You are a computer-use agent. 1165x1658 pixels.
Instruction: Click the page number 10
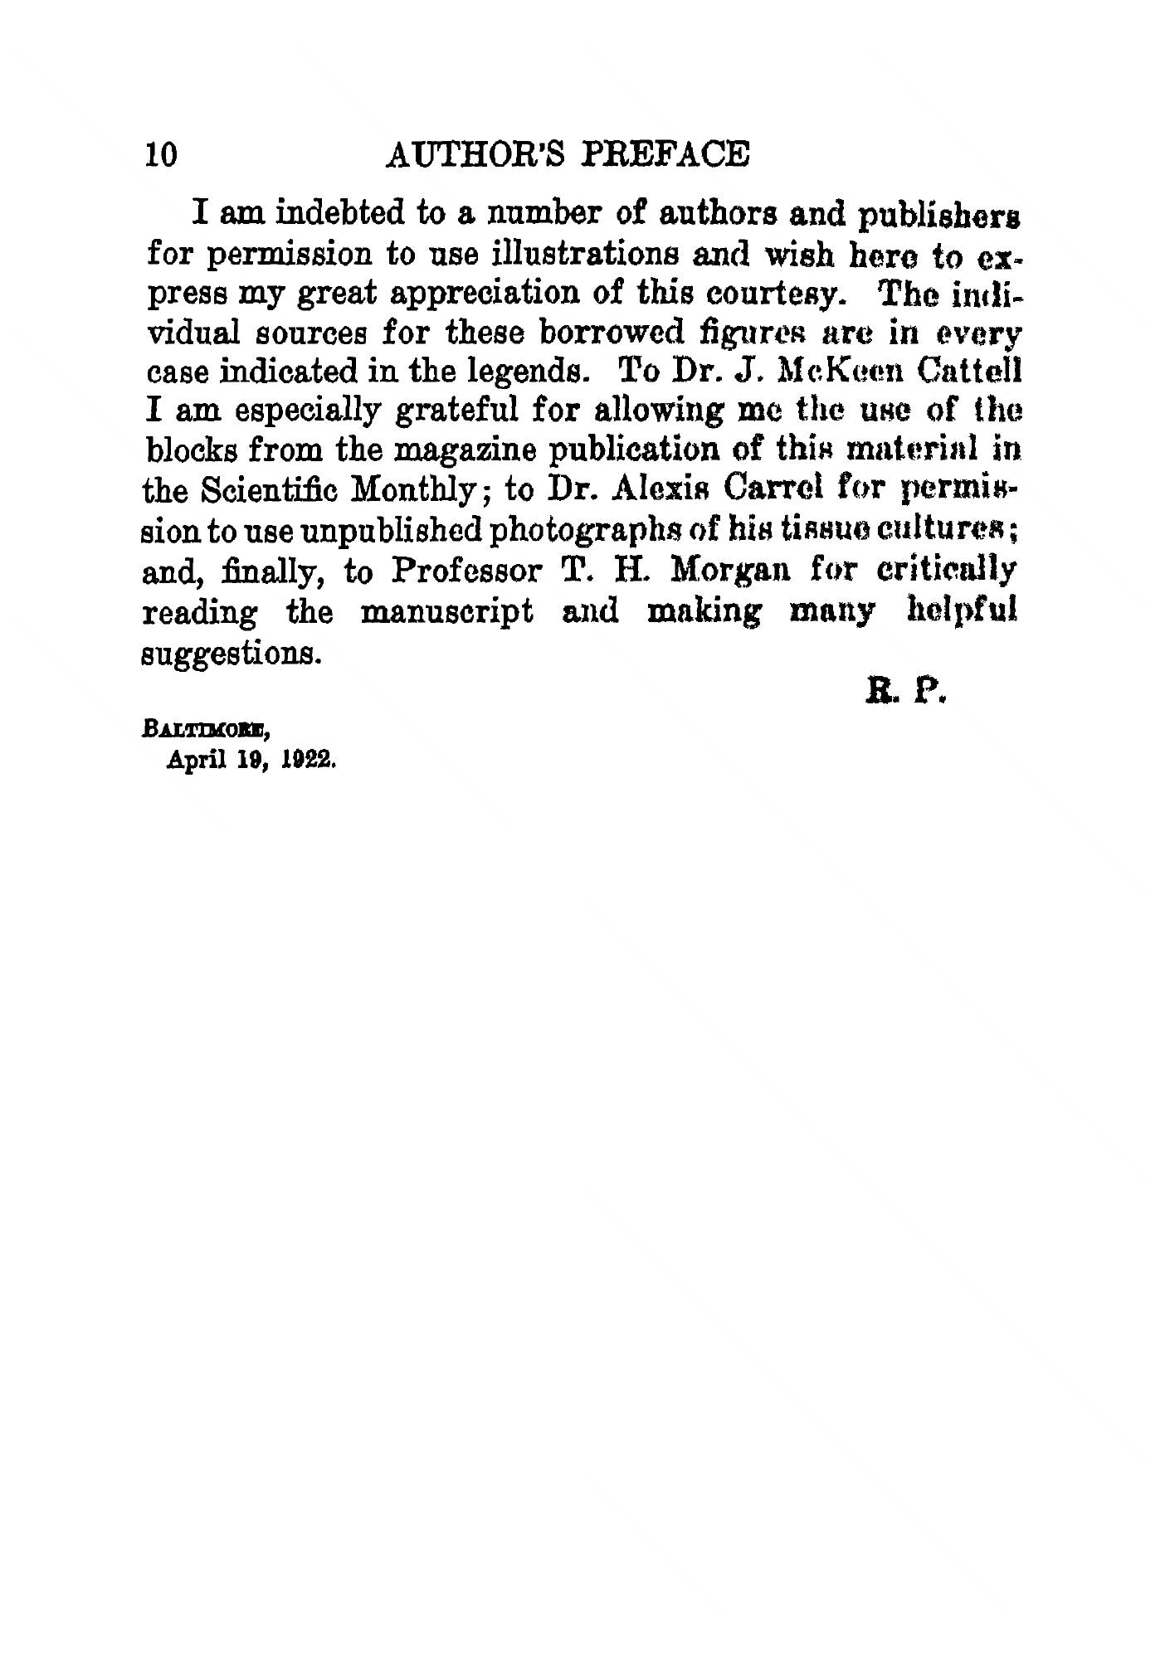[160, 155]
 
